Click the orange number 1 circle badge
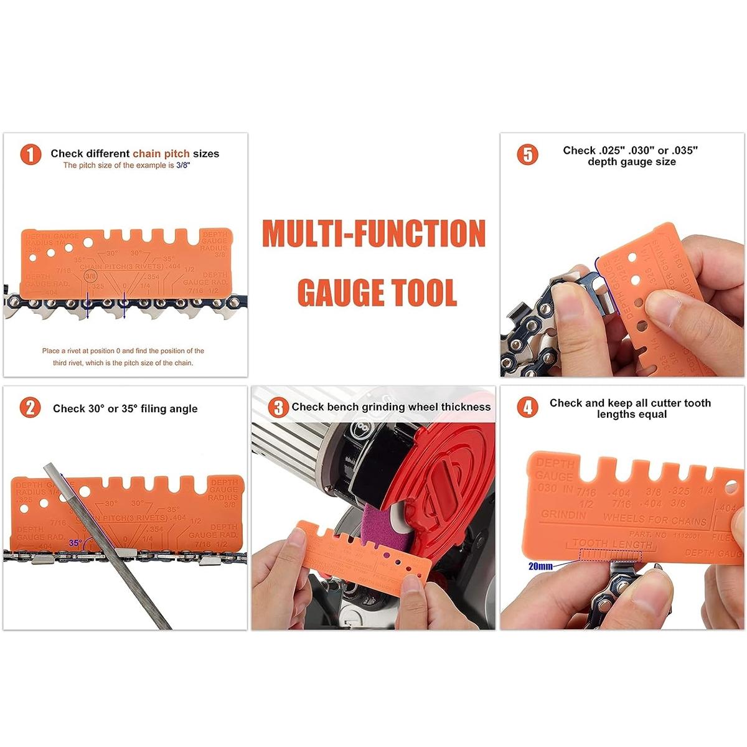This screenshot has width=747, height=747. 31,154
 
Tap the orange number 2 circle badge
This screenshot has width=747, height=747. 31,408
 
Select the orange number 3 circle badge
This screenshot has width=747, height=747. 278,408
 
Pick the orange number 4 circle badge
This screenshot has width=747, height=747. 528,408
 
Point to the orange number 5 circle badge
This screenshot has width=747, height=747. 528,154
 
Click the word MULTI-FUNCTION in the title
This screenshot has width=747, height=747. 374,233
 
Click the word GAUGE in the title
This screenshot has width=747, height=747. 340,292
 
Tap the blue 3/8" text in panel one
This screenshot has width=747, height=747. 183,166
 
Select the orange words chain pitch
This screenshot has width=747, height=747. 161,154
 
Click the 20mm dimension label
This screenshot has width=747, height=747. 540,566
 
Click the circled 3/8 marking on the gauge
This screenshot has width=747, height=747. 91,276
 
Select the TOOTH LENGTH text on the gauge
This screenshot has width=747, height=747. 612,543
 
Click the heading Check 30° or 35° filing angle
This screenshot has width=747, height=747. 125,409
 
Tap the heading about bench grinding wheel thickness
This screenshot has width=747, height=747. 391,407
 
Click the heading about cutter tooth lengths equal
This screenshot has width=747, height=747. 630,408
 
